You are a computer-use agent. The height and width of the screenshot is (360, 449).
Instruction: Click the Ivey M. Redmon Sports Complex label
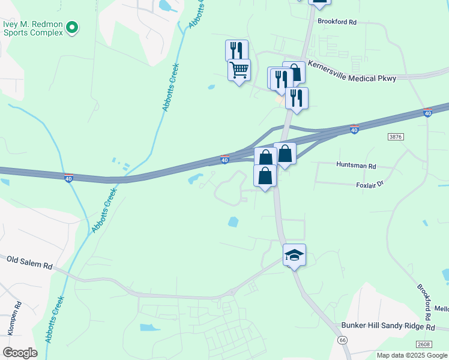[x=32, y=28]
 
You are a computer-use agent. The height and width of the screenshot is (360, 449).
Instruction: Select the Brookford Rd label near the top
[x=337, y=22]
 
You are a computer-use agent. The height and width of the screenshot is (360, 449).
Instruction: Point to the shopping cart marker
[x=239, y=70]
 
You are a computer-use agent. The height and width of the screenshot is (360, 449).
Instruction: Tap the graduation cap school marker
[x=294, y=255]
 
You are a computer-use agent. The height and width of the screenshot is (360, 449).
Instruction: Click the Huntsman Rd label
[x=356, y=166]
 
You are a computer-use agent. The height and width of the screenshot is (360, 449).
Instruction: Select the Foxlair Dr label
[x=369, y=185]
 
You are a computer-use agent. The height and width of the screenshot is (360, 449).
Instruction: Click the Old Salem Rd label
[x=29, y=262]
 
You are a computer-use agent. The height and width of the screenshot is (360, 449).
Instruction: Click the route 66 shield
[x=342, y=340]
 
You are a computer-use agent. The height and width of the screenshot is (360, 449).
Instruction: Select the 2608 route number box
[x=424, y=344]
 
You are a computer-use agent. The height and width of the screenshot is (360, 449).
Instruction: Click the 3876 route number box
[x=396, y=137]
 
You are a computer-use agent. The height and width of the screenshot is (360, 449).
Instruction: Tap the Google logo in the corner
[x=20, y=353]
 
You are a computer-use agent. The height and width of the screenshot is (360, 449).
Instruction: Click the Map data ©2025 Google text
[x=412, y=355]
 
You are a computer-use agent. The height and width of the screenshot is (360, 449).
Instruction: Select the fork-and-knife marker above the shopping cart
[x=237, y=50]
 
